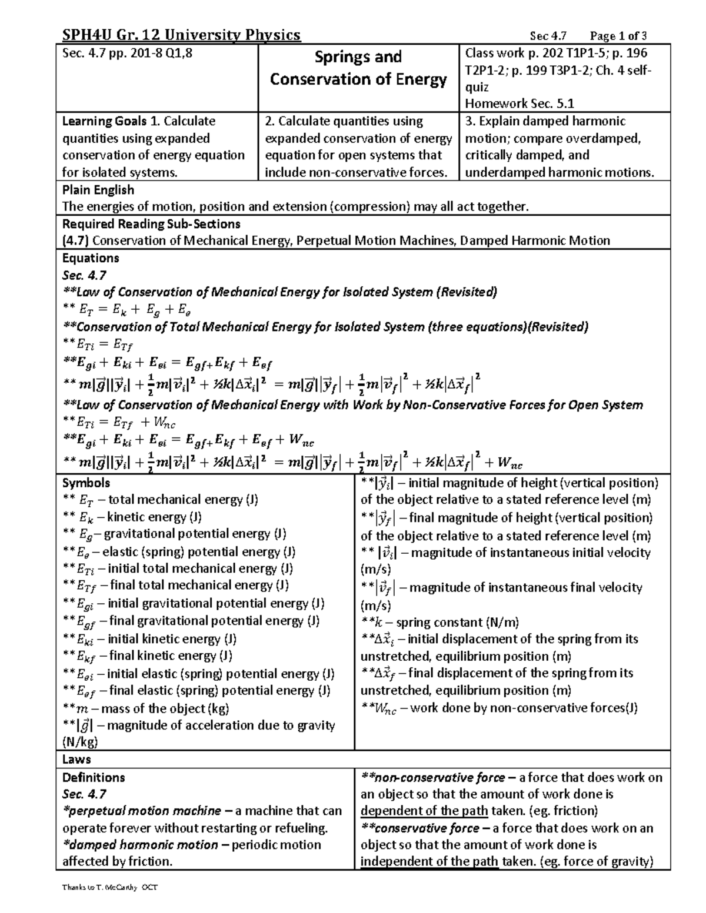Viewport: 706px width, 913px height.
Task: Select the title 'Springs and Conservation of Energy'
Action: point(358,68)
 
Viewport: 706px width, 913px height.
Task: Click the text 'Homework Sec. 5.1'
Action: point(519,103)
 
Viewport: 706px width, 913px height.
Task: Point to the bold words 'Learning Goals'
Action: point(104,121)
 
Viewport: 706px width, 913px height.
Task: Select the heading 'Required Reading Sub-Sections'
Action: point(151,224)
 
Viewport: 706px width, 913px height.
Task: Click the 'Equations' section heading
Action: point(91,258)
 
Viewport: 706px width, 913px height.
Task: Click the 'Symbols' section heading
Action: point(86,483)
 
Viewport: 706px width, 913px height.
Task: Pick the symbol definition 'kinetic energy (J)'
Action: point(151,517)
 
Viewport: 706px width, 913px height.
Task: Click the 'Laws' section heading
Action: point(76,760)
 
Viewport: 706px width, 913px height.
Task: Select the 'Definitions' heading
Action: point(94,777)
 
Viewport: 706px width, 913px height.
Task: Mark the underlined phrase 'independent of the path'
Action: point(429,862)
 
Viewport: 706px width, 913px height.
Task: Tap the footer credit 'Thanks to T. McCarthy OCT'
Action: point(110,887)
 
